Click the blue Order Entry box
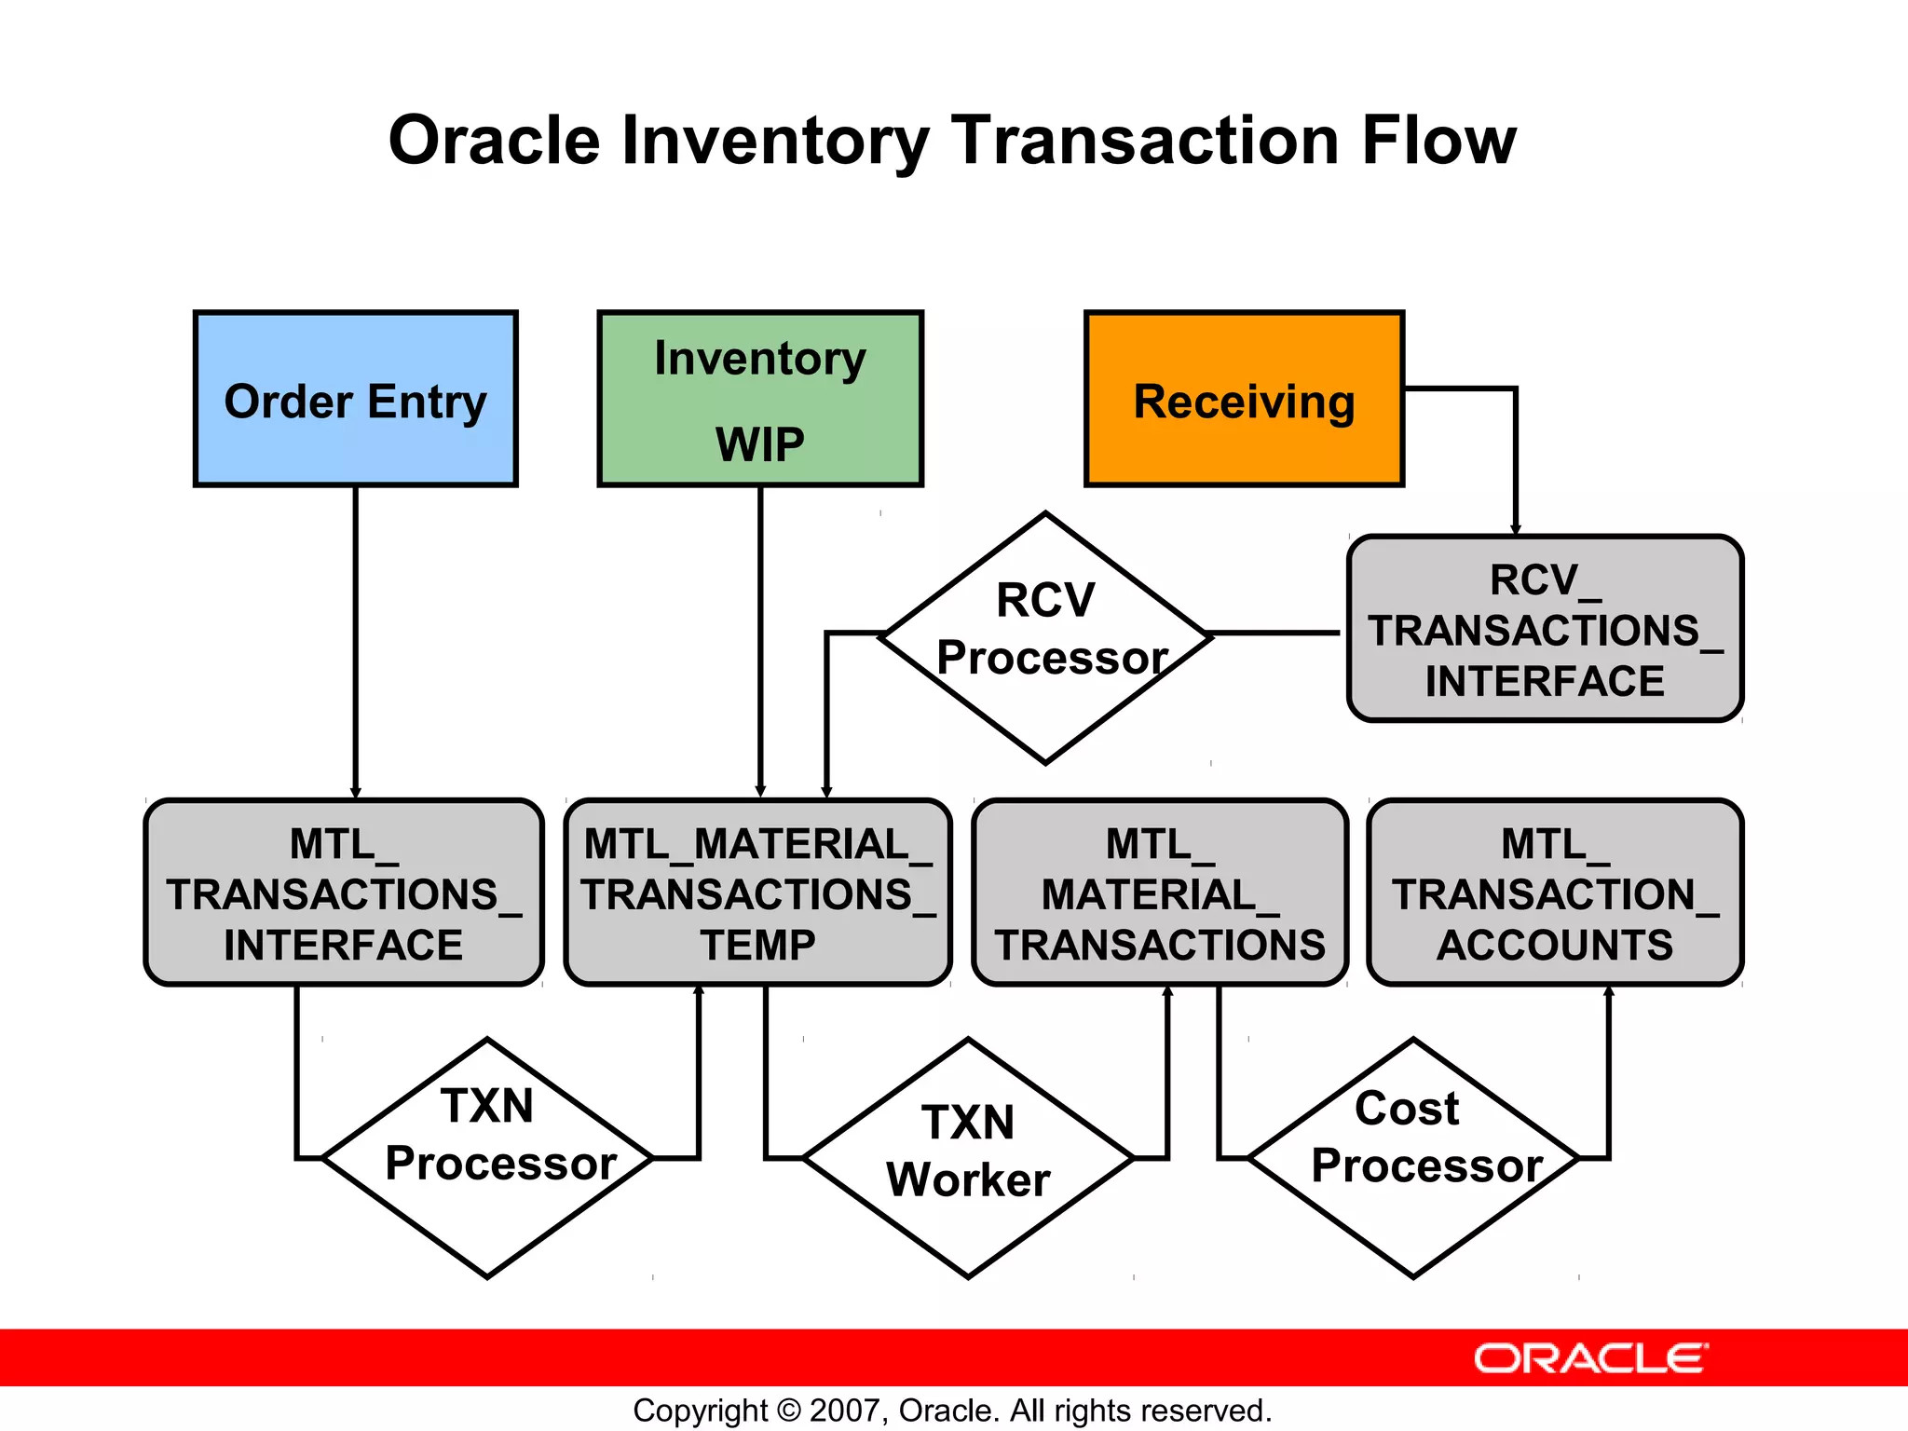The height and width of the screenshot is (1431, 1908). click(x=355, y=399)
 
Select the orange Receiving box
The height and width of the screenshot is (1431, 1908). click(x=1244, y=399)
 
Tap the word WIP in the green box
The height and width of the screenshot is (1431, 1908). click(x=760, y=444)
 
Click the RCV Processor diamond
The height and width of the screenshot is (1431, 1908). click(x=1045, y=638)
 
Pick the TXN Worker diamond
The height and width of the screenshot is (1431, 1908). click(x=968, y=1157)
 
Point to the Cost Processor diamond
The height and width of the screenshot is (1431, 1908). click(x=1412, y=1157)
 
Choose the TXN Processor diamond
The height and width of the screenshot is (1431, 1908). click(x=487, y=1157)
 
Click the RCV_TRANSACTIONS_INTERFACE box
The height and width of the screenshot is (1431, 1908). click(x=1545, y=629)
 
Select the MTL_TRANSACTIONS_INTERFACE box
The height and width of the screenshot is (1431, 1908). click(x=344, y=893)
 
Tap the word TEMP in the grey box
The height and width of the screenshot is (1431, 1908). click(x=758, y=946)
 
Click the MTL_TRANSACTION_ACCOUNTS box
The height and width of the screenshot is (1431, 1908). click(x=1555, y=893)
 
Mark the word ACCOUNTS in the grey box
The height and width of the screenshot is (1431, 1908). click(x=1555, y=946)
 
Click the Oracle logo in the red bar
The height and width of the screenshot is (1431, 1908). click(x=1590, y=1358)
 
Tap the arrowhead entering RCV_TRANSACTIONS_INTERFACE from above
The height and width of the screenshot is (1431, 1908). click(x=1516, y=528)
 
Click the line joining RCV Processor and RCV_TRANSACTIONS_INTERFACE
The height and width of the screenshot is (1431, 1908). click(x=1276, y=633)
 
